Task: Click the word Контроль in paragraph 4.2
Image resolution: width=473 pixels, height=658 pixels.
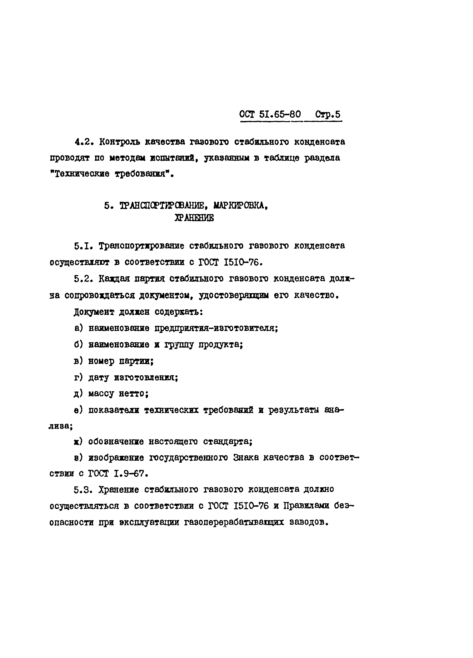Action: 119,142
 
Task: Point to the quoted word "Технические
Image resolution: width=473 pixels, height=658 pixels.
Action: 80,174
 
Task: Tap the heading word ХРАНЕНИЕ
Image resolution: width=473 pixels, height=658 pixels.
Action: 194,218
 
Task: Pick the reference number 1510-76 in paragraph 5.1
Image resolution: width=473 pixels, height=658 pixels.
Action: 243,262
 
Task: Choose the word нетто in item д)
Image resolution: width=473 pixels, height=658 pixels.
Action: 134,394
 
